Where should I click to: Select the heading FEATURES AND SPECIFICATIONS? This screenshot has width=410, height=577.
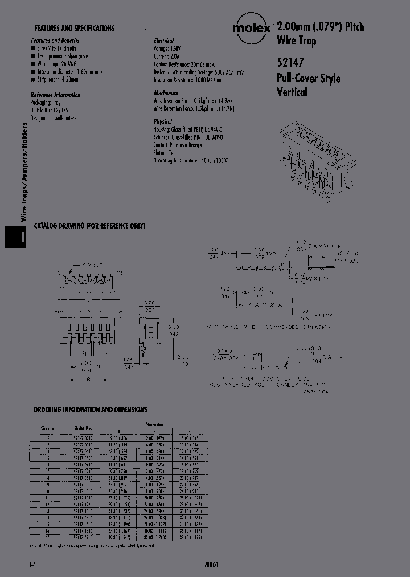pyautogui.click(x=75, y=28)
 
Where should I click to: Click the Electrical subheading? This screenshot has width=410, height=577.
pyautogui.click(x=166, y=42)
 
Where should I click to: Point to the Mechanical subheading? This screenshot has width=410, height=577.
pyautogui.click(x=166, y=92)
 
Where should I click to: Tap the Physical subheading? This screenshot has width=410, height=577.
pyautogui.click(x=163, y=122)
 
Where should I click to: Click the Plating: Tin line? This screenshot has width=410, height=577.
pyautogui.click(x=166, y=153)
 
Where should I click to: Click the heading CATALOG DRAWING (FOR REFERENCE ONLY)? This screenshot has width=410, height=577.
pyautogui.click(x=90, y=226)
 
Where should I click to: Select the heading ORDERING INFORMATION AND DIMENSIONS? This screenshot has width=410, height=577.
pyautogui.click(x=91, y=409)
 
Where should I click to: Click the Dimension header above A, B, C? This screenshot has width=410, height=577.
pyautogui.click(x=154, y=424)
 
